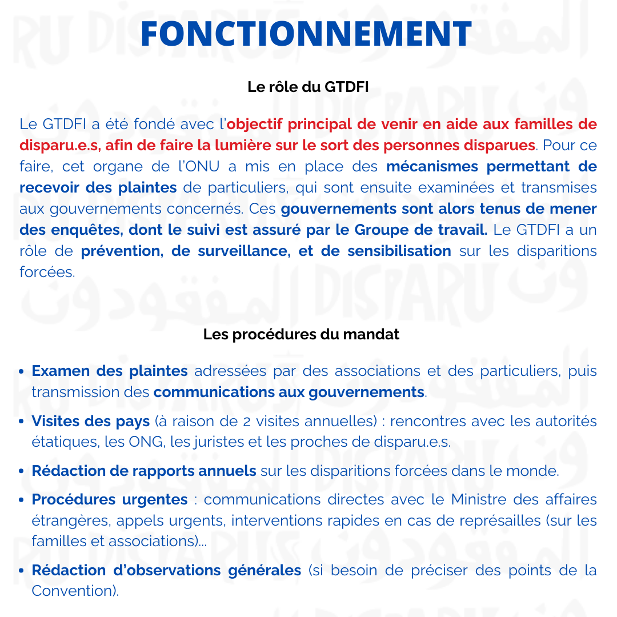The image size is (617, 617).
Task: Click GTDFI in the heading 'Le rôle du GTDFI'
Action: (x=346, y=87)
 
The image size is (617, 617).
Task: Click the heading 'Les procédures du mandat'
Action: (x=301, y=335)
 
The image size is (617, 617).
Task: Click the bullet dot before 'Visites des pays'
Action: (x=21, y=422)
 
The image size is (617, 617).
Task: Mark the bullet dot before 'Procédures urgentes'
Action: (x=21, y=500)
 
